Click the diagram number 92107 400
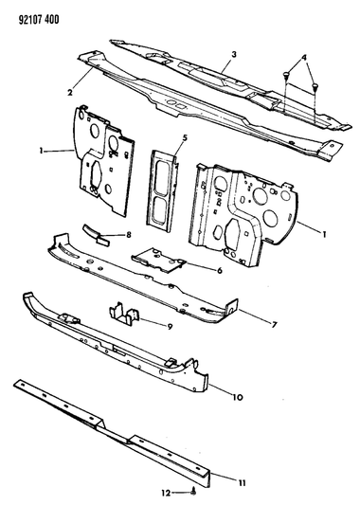38,20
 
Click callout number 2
70,93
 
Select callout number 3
234,54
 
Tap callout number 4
304,58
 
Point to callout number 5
185,138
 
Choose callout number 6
219,270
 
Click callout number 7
274,325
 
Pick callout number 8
129,235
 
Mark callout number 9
170,327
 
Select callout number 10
237,398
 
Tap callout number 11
243,483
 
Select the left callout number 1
41,150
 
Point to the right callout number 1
324,234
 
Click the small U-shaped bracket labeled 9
124,314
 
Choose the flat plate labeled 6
158,260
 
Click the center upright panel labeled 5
163,191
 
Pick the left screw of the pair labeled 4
285,76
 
